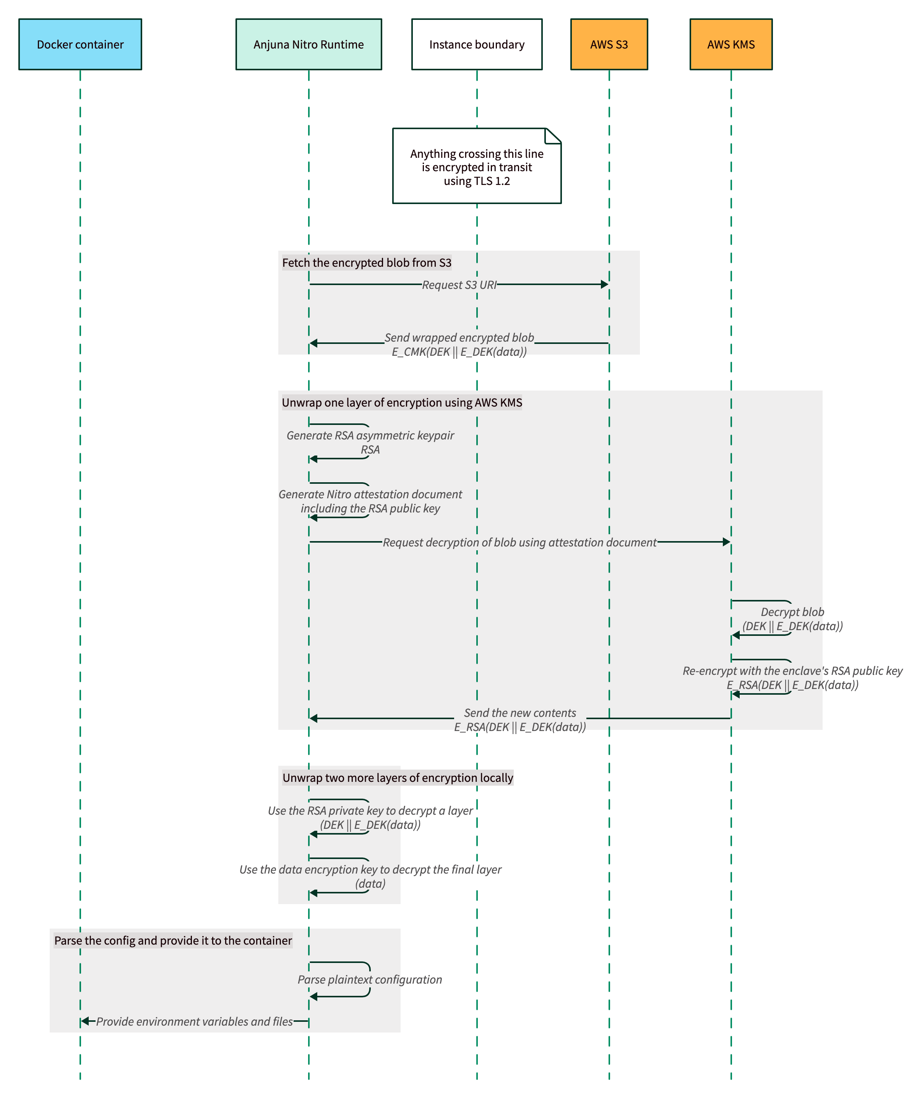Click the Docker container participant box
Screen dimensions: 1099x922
(x=80, y=44)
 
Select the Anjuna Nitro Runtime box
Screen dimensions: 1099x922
(x=308, y=44)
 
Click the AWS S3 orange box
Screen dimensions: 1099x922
(x=609, y=44)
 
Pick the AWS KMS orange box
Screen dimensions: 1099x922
(x=730, y=44)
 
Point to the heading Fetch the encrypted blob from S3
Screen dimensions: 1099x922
(x=367, y=263)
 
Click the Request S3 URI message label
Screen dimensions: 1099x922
(x=459, y=285)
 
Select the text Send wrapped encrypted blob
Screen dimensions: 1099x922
(x=459, y=337)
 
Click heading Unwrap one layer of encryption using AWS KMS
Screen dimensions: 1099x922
(x=402, y=402)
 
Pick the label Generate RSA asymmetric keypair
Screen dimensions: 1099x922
(x=370, y=435)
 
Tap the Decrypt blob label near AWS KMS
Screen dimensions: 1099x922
(x=792, y=612)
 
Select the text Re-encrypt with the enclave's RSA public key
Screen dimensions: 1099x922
(x=792, y=671)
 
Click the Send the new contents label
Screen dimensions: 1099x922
(x=519, y=713)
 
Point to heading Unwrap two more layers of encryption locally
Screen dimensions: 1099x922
(x=398, y=778)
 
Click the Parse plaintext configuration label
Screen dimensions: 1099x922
(x=370, y=980)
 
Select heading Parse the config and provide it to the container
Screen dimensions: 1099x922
(x=173, y=940)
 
